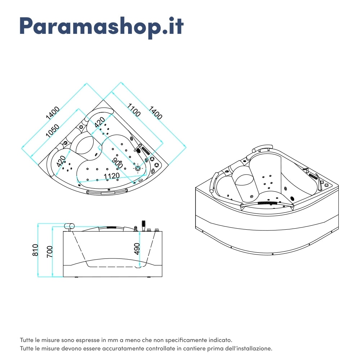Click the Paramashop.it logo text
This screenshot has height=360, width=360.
(x=102, y=26)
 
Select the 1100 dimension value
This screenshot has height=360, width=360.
(x=134, y=110)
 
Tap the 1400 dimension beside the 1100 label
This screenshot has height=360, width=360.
(x=156, y=112)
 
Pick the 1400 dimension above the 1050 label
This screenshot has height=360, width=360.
(x=53, y=113)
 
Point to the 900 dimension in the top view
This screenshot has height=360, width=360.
(x=117, y=163)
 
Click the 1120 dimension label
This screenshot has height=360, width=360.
(x=112, y=176)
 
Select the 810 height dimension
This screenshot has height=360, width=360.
(x=35, y=250)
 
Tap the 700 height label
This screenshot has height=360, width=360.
(x=50, y=251)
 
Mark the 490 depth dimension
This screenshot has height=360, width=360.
(x=137, y=249)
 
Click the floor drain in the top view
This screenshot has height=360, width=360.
(x=138, y=168)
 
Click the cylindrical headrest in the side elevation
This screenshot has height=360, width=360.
(x=69, y=226)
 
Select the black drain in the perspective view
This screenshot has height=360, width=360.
(x=292, y=198)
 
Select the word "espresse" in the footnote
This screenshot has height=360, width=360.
(x=88, y=340)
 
